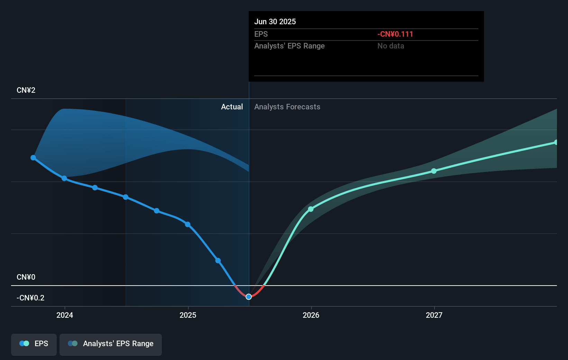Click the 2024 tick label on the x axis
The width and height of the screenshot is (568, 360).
coord(65,315)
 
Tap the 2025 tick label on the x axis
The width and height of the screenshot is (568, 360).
coord(188,315)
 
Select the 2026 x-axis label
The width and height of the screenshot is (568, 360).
coord(311,315)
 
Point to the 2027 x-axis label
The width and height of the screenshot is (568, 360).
coord(434,315)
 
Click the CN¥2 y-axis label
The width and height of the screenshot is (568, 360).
coord(26,90)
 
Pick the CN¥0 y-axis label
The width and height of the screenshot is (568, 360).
coord(26,277)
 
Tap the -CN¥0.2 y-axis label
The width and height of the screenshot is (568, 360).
coord(30,298)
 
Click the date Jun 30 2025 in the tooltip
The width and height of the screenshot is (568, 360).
coord(275,22)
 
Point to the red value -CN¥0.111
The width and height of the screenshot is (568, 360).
coord(395,34)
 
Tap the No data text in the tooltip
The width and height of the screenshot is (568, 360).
coord(391,46)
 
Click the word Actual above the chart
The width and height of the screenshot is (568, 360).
coord(232,107)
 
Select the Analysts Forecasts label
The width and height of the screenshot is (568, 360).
coord(287,107)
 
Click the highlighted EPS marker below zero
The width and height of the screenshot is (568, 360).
coord(249,297)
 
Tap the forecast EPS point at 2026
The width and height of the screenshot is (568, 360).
coord(311,209)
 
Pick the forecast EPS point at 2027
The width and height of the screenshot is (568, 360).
coord(434,171)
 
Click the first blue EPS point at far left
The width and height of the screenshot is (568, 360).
coord(33,158)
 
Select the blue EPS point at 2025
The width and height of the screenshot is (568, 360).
coord(187,224)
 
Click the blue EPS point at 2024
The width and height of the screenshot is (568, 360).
coord(64,178)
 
